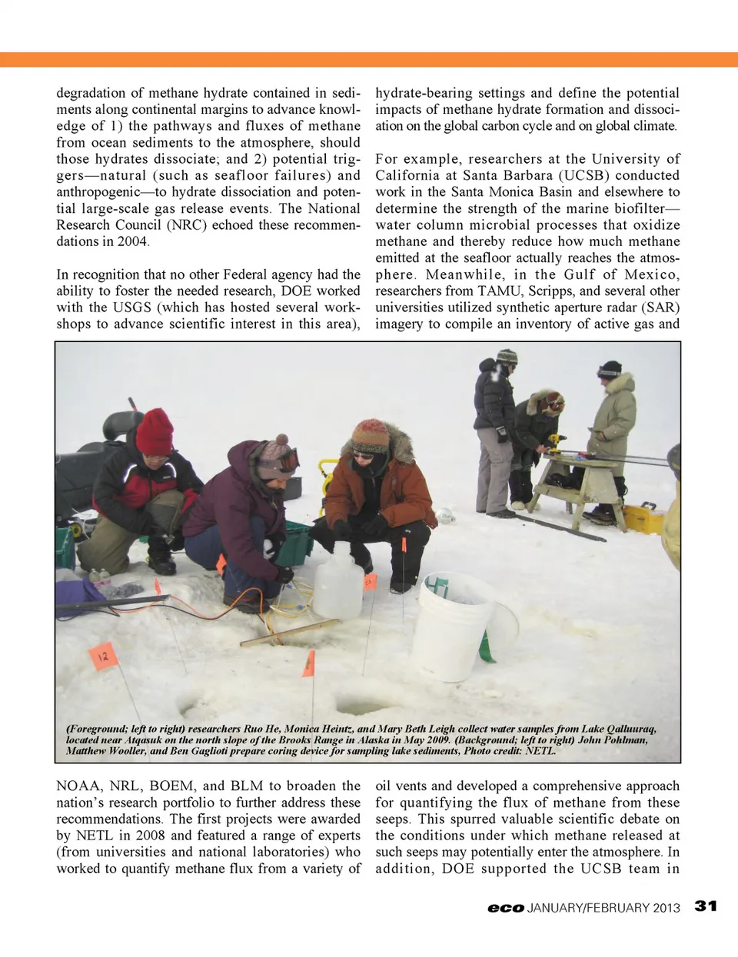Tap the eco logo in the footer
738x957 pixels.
(506, 908)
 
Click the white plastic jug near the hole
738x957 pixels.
(337, 580)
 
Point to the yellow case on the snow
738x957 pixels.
(643, 519)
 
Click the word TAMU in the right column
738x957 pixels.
(500, 291)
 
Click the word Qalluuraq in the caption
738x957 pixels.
(627, 729)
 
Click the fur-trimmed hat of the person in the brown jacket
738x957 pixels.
(372, 435)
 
